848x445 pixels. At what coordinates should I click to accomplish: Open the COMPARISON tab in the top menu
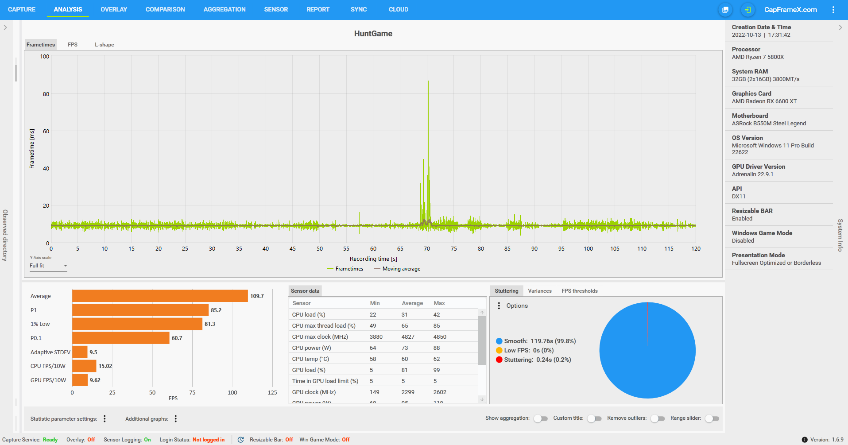coord(165,9)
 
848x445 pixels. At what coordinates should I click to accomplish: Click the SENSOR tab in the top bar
coord(276,9)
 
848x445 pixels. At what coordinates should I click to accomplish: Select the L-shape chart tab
coord(104,45)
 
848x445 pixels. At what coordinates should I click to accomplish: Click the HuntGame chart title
coord(373,34)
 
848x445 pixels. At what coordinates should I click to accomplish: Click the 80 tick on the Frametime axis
coord(46,94)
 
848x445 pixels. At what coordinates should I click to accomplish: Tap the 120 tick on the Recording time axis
coord(696,249)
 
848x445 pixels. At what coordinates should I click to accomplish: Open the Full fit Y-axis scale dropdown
coord(48,266)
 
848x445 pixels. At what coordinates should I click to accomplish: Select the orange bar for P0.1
coord(120,338)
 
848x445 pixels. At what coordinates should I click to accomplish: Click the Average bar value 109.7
coord(257,296)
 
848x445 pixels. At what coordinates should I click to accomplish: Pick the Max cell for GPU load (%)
coord(437,370)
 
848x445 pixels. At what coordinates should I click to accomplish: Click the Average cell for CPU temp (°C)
coord(405,359)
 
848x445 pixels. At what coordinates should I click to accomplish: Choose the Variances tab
coord(539,291)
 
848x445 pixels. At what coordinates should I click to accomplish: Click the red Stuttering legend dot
coord(499,360)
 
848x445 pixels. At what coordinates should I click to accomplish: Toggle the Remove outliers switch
coord(658,418)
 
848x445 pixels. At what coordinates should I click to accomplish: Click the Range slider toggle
coord(712,418)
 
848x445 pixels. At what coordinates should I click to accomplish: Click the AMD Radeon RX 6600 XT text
coord(764,101)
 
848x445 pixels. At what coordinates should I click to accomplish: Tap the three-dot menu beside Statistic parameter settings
coord(105,419)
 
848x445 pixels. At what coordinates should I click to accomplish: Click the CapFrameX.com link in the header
coord(790,10)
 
